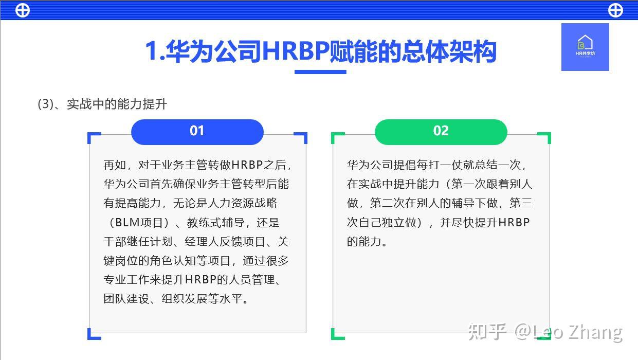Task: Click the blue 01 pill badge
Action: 197,132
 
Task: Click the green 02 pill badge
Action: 441,132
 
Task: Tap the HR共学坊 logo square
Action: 585,47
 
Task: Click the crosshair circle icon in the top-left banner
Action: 23,10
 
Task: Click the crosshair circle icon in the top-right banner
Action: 615,10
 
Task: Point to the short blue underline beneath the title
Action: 320,72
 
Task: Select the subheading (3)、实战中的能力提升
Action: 102,104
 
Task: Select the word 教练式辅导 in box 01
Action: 215,223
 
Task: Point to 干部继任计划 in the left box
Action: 138,242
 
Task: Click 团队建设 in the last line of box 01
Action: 126,299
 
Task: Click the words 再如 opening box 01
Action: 115,165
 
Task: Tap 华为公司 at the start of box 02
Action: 370,165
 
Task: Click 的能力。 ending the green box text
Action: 367,242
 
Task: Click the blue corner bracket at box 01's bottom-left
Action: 94,334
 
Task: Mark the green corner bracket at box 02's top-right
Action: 544,138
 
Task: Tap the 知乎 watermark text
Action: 487,332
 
